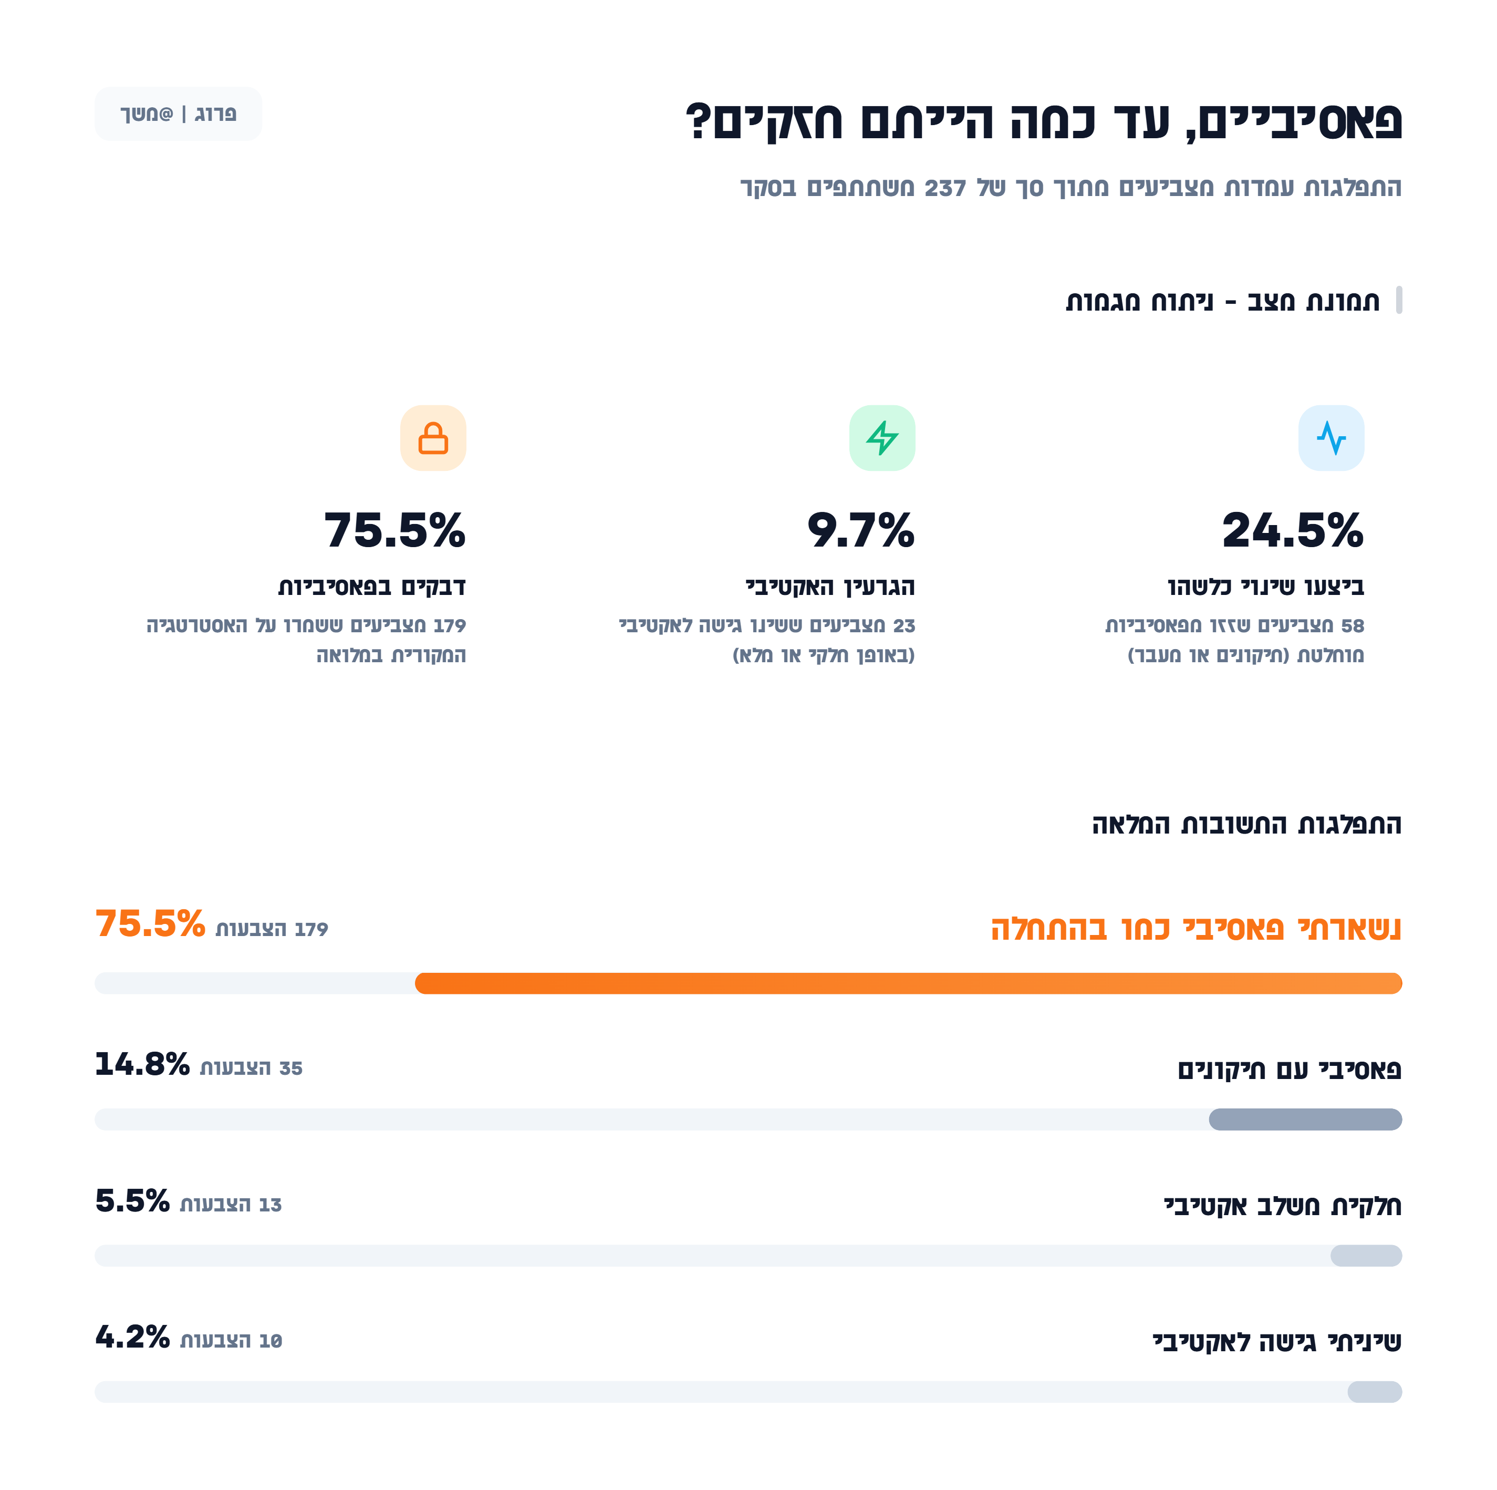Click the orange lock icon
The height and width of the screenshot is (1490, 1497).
click(433, 438)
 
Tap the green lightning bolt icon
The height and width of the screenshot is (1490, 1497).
click(882, 438)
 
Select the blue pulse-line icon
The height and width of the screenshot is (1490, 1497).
click(1331, 438)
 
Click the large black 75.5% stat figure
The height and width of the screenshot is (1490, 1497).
click(395, 531)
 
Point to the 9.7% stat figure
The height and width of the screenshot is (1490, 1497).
click(861, 531)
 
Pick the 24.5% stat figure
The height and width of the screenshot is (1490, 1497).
click(1293, 531)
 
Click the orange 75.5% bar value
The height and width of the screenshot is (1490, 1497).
click(150, 924)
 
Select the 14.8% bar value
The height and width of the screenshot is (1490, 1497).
click(142, 1064)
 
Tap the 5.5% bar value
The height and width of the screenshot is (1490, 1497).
click(132, 1201)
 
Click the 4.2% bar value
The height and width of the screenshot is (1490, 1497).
click(132, 1337)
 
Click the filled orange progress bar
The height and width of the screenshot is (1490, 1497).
click(908, 983)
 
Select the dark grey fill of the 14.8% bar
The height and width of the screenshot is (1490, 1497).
click(1305, 1119)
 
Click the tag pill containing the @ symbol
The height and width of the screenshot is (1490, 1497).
click(178, 114)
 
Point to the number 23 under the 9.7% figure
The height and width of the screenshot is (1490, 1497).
click(905, 625)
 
